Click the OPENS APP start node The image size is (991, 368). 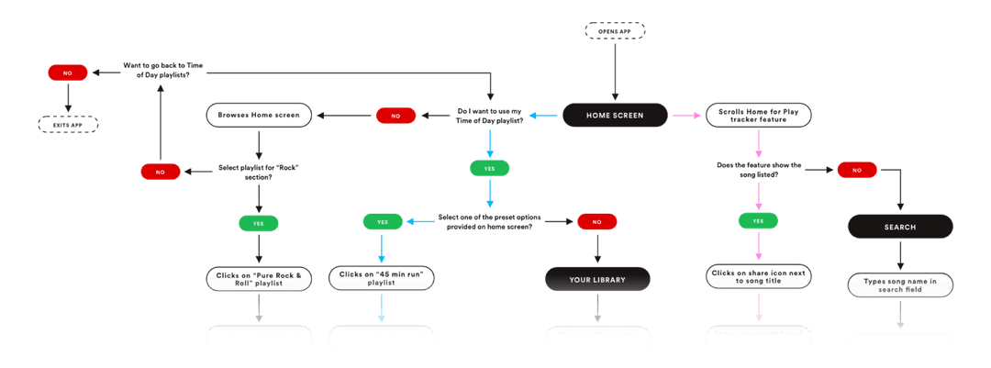[615, 32]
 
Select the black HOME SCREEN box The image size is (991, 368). [615, 116]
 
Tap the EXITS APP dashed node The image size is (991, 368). [68, 123]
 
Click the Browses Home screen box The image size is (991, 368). [259, 116]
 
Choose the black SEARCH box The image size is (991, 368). [900, 226]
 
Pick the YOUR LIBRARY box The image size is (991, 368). [597, 279]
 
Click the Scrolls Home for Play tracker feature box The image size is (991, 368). [758, 116]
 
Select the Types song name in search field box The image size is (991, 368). [900, 284]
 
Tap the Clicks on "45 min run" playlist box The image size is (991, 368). [380, 279]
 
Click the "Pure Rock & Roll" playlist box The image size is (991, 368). [259, 279]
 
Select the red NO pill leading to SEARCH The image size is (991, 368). [856, 170]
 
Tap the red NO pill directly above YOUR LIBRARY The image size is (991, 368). [597, 221]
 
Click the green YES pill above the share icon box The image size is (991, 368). [758, 221]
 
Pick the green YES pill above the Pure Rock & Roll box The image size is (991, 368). [259, 222]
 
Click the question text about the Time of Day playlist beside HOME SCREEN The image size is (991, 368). [491, 116]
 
